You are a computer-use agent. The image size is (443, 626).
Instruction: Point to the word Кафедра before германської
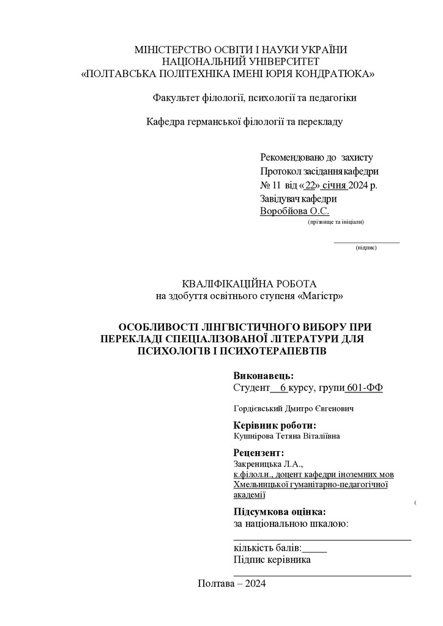165,121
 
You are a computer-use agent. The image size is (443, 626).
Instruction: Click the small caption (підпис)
366,248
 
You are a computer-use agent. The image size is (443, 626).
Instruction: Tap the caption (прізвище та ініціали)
335,222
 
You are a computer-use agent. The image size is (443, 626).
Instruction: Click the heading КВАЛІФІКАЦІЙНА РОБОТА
249,284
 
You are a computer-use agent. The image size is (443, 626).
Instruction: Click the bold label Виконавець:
264,375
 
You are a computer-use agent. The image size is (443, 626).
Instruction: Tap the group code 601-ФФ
365,388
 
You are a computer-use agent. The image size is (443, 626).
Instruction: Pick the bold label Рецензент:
259,453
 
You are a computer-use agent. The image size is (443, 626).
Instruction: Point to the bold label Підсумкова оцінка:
280,512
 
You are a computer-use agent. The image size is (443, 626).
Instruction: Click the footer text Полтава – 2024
232,583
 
